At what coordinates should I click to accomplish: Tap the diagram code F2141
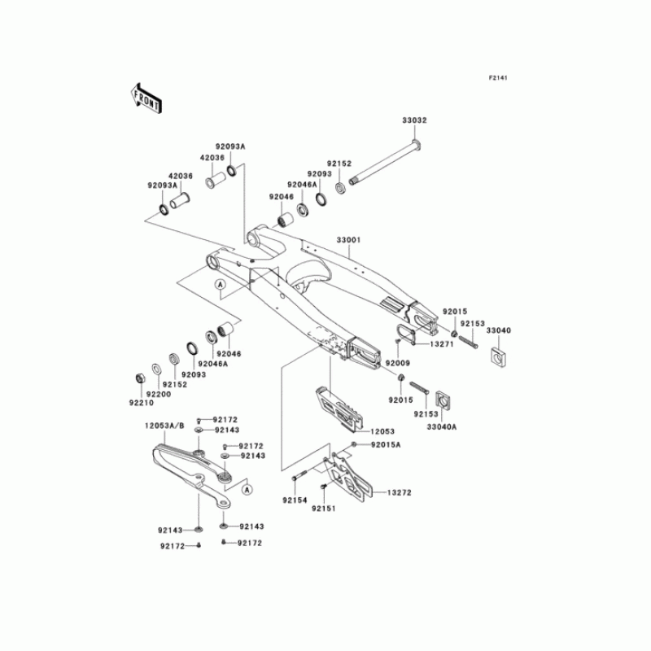tap(498, 78)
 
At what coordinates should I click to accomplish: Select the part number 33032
tap(414, 120)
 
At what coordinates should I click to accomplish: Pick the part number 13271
tap(441, 345)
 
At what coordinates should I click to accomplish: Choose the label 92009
tap(398, 362)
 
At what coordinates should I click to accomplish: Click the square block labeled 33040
tap(496, 356)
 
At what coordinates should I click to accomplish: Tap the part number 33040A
tap(443, 426)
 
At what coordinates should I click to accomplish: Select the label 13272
tap(398, 493)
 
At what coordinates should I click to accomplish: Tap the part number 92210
tap(140, 402)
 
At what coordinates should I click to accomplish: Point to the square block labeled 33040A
tap(443, 400)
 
